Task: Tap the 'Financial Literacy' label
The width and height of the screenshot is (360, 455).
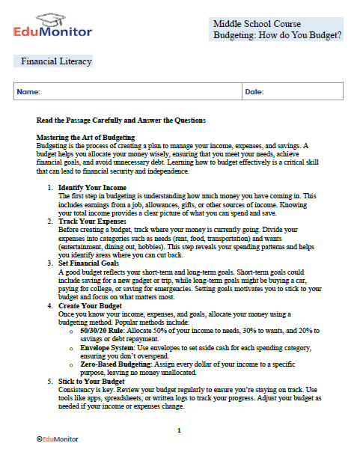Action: (56, 61)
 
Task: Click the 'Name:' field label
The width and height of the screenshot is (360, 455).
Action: (28, 92)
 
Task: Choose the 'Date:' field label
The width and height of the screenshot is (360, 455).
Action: (254, 92)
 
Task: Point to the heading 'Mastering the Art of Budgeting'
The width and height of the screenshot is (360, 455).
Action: (85, 138)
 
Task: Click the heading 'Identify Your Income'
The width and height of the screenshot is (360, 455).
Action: (92, 186)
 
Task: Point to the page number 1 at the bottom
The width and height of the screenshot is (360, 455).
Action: (179, 430)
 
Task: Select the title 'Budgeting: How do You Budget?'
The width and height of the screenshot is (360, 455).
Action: (277, 35)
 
